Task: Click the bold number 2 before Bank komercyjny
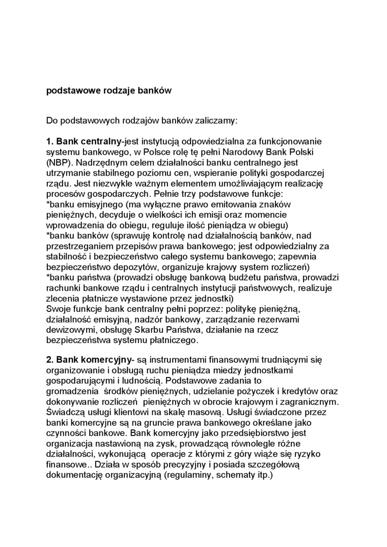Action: (x=49, y=360)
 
